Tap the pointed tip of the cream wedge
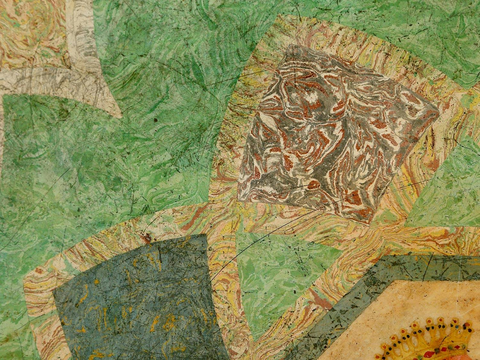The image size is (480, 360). click(120, 115)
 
